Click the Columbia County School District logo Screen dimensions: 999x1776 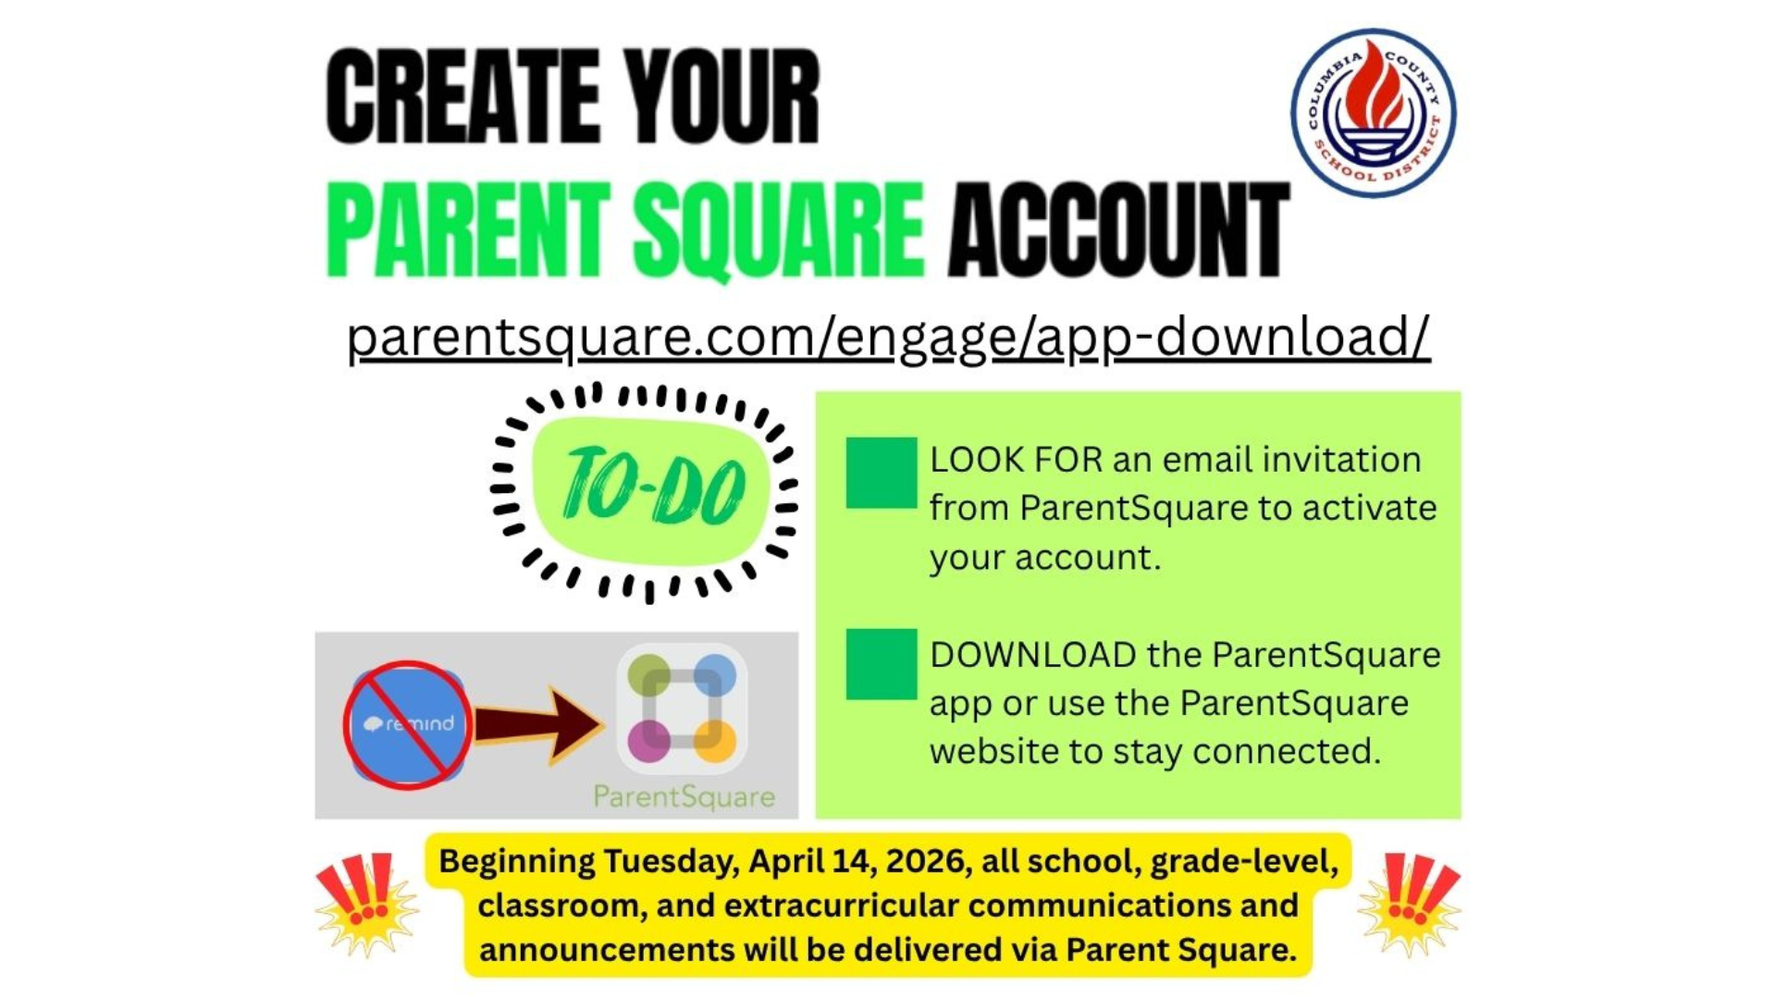[x=1373, y=113]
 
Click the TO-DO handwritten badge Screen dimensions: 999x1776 [x=651, y=487]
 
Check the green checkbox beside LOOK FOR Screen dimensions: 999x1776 [x=881, y=473]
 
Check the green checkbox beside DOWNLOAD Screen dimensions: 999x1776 [x=881, y=664]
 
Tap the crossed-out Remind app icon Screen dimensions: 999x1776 [x=408, y=724]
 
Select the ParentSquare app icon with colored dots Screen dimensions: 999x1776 [x=683, y=709]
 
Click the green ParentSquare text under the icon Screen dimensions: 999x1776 [x=684, y=796]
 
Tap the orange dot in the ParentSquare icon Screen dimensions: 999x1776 [x=716, y=741]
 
